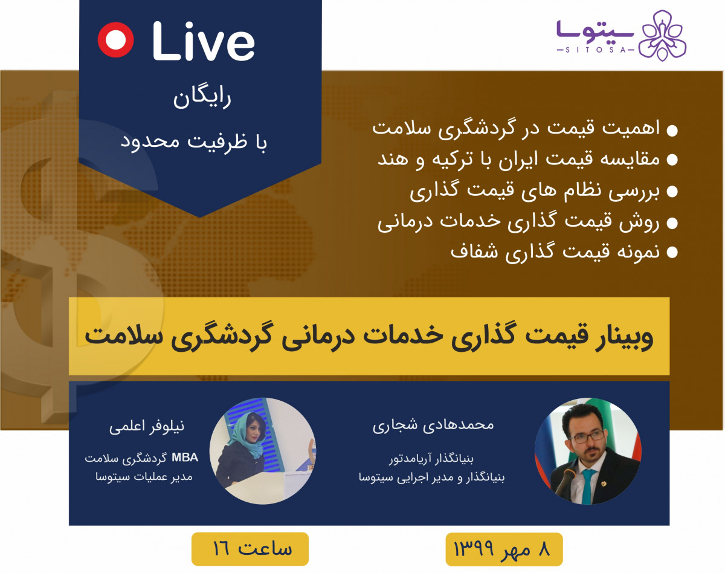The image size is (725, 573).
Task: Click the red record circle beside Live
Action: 115,39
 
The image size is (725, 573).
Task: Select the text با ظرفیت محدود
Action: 195,142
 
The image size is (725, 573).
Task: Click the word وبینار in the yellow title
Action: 623,336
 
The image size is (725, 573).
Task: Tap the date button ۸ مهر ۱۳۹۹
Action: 504,550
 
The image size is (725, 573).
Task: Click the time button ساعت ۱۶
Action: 251,549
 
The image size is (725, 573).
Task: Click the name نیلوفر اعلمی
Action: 146,427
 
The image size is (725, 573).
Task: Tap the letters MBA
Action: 184,457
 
